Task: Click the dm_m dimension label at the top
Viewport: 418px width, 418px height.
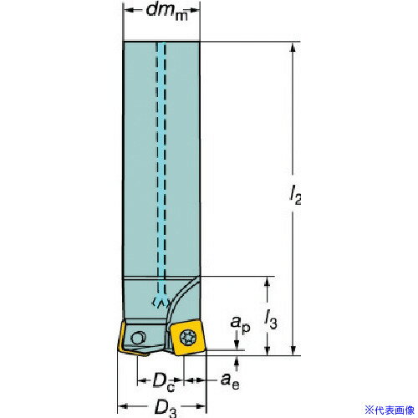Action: point(167,13)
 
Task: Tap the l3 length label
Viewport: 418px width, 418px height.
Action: point(270,319)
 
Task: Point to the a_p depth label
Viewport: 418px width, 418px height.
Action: point(240,324)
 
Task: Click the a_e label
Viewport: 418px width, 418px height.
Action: point(230,381)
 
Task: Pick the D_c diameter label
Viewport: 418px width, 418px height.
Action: point(164,382)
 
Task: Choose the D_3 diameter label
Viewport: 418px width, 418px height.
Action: point(166,409)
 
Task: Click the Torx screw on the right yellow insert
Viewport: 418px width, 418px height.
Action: point(188,339)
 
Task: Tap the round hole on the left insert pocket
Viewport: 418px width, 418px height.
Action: point(137,339)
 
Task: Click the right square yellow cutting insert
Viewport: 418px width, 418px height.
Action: point(187,338)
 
